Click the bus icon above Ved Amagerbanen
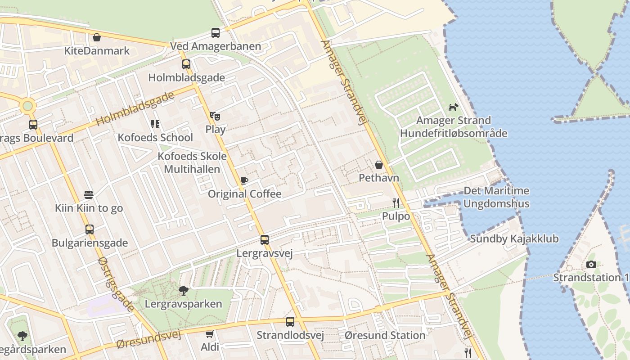click(216, 33)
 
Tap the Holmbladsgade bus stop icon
click(186, 64)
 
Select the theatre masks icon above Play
click(215, 116)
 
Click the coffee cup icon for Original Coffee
click(244, 181)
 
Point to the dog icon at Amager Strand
click(453, 107)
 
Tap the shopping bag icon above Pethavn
click(379, 165)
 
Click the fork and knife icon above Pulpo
click(396, 203)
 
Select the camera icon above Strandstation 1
click(591, 264)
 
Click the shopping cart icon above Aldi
click(209, 334)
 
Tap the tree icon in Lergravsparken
click(183, 291)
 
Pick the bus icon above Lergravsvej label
click(265, 240)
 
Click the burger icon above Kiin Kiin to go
click(89, 195)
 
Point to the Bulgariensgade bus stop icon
click(90, 229)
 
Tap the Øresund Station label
click(385, 335)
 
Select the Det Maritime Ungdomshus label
click(496, 197)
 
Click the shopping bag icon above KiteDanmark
click(96, 37)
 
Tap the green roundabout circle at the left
click(27, 106)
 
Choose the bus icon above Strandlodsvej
click(290, 322)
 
